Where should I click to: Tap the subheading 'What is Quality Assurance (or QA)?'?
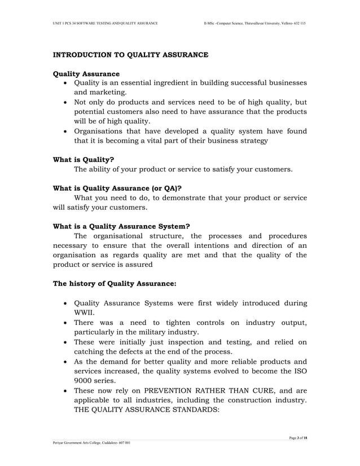[x=117, y=188]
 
